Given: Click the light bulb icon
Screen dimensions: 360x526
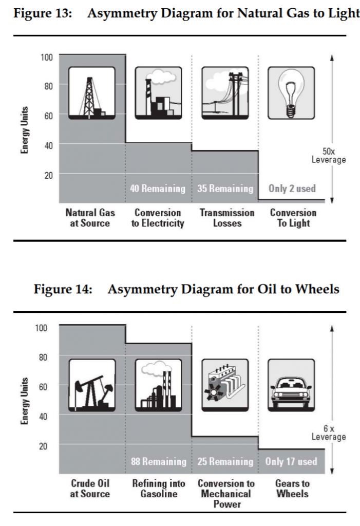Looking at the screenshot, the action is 291,93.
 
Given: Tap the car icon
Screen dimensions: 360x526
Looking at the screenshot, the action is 291,385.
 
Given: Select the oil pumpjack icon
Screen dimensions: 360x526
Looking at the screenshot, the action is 92,385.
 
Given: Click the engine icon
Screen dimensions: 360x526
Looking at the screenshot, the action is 225,385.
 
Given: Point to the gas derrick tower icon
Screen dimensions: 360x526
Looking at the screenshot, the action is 92,93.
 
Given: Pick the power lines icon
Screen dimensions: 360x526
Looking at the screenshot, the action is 225,93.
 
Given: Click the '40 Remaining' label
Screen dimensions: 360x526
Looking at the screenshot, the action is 158,189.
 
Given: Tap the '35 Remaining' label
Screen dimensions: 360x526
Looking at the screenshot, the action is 225,189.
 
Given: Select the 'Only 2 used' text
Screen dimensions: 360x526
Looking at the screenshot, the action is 292,189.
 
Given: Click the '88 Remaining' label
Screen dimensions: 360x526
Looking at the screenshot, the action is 158,462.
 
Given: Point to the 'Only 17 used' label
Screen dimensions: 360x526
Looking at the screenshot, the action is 291,462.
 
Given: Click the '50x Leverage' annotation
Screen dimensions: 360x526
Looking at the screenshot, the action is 329,156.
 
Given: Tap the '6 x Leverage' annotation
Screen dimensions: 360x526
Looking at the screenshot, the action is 329,433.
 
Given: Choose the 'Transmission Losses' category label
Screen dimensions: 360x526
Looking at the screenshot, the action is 227,218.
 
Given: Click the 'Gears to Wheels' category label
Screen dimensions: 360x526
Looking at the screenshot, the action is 292,489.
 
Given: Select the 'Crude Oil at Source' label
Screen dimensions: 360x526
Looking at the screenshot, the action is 90,489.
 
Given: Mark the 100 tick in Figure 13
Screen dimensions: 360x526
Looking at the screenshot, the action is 47,58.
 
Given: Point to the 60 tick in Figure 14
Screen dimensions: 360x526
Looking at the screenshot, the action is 43,387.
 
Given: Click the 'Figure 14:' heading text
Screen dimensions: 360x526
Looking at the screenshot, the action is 63,289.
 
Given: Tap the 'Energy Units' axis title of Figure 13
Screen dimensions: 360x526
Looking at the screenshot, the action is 24,130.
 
